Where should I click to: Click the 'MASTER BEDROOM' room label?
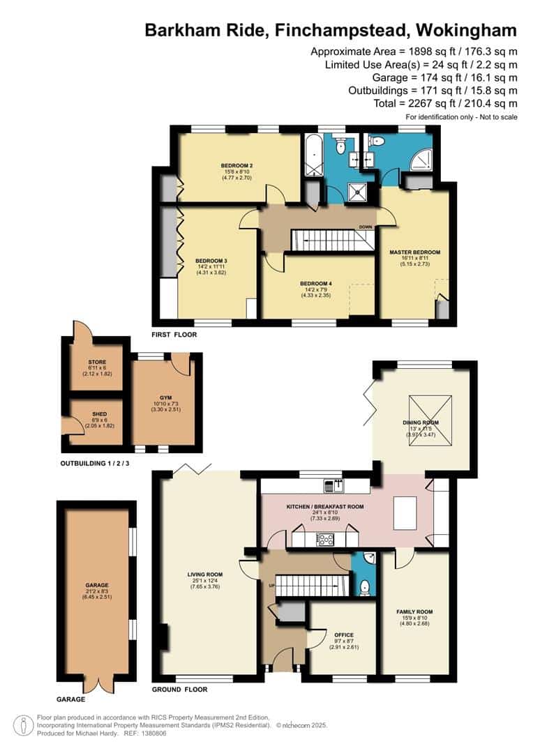[415, 252]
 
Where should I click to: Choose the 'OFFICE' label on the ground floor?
[344, 635]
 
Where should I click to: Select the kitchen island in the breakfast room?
[405, 512]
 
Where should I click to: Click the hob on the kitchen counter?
[324, 538]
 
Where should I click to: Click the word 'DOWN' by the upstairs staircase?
[365, 227]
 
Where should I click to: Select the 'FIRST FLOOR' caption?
[174, 335]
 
